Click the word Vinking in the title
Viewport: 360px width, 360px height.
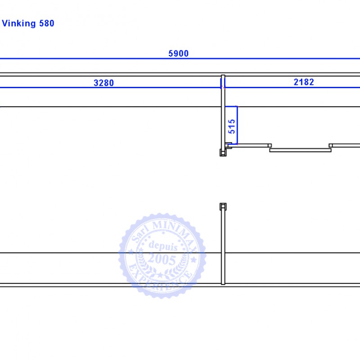tap(19, 24)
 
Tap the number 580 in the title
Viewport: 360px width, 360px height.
tap(47, 23)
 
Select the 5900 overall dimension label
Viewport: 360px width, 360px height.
tap(178, 54)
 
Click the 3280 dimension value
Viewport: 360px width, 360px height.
tap(104, 83)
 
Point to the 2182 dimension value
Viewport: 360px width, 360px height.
tap(304, 82)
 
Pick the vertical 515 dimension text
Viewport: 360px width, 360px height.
tap(232, 126)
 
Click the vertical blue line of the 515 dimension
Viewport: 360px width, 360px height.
tap(237, 126)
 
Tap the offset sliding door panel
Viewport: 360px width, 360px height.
tap(300, 150)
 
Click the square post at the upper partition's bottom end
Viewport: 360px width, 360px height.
tap(223, 153)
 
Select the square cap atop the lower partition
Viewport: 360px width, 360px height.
tap(223, 207)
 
